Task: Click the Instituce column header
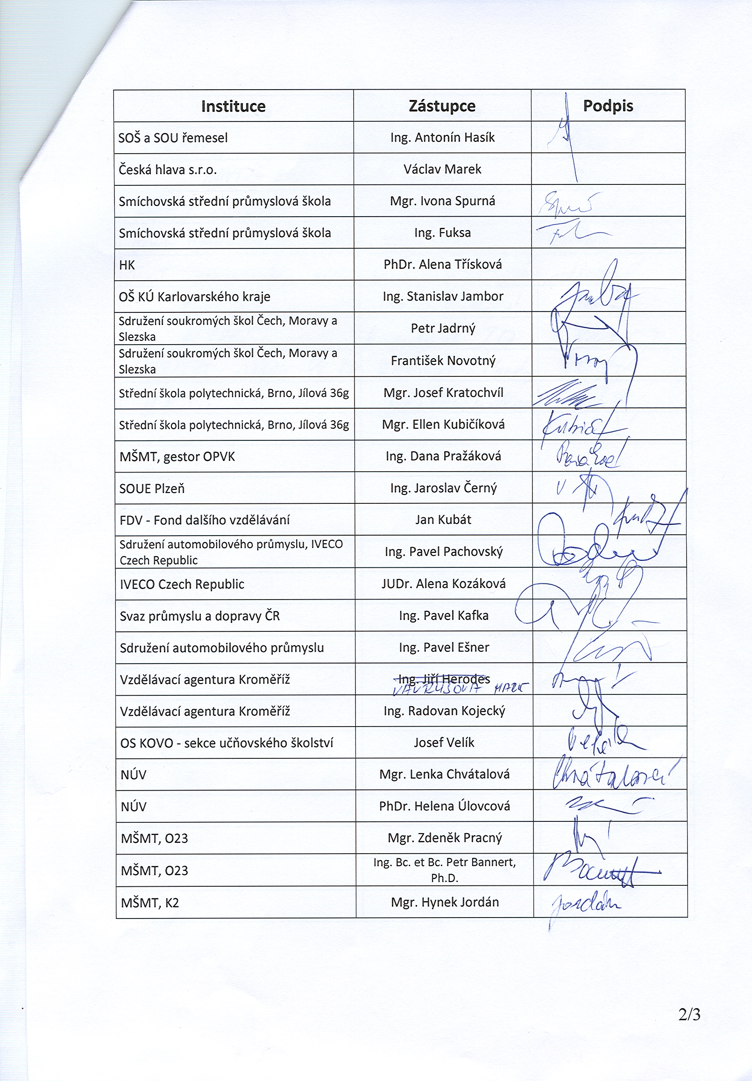(x=233, y=106)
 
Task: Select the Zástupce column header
(x=442, y=106)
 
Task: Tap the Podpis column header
(x=608, y=106)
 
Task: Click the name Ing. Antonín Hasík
(x=442, y=137)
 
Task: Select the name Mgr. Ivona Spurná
(x=442, y=201)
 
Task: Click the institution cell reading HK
(x=127, y=265)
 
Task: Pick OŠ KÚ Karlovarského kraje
(x=194, y=297)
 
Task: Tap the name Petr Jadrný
(x=443, y=328)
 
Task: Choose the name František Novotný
(x=443, y=360)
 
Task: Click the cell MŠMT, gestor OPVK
(x=177, y=457)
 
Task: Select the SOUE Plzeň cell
(x=152, y=489)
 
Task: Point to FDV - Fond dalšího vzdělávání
(x=205, y=520)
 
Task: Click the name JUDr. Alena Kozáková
(x=443, y=584)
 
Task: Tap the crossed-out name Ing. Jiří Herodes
(x=443, y=678)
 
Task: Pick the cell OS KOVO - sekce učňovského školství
(x=227, y=743)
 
